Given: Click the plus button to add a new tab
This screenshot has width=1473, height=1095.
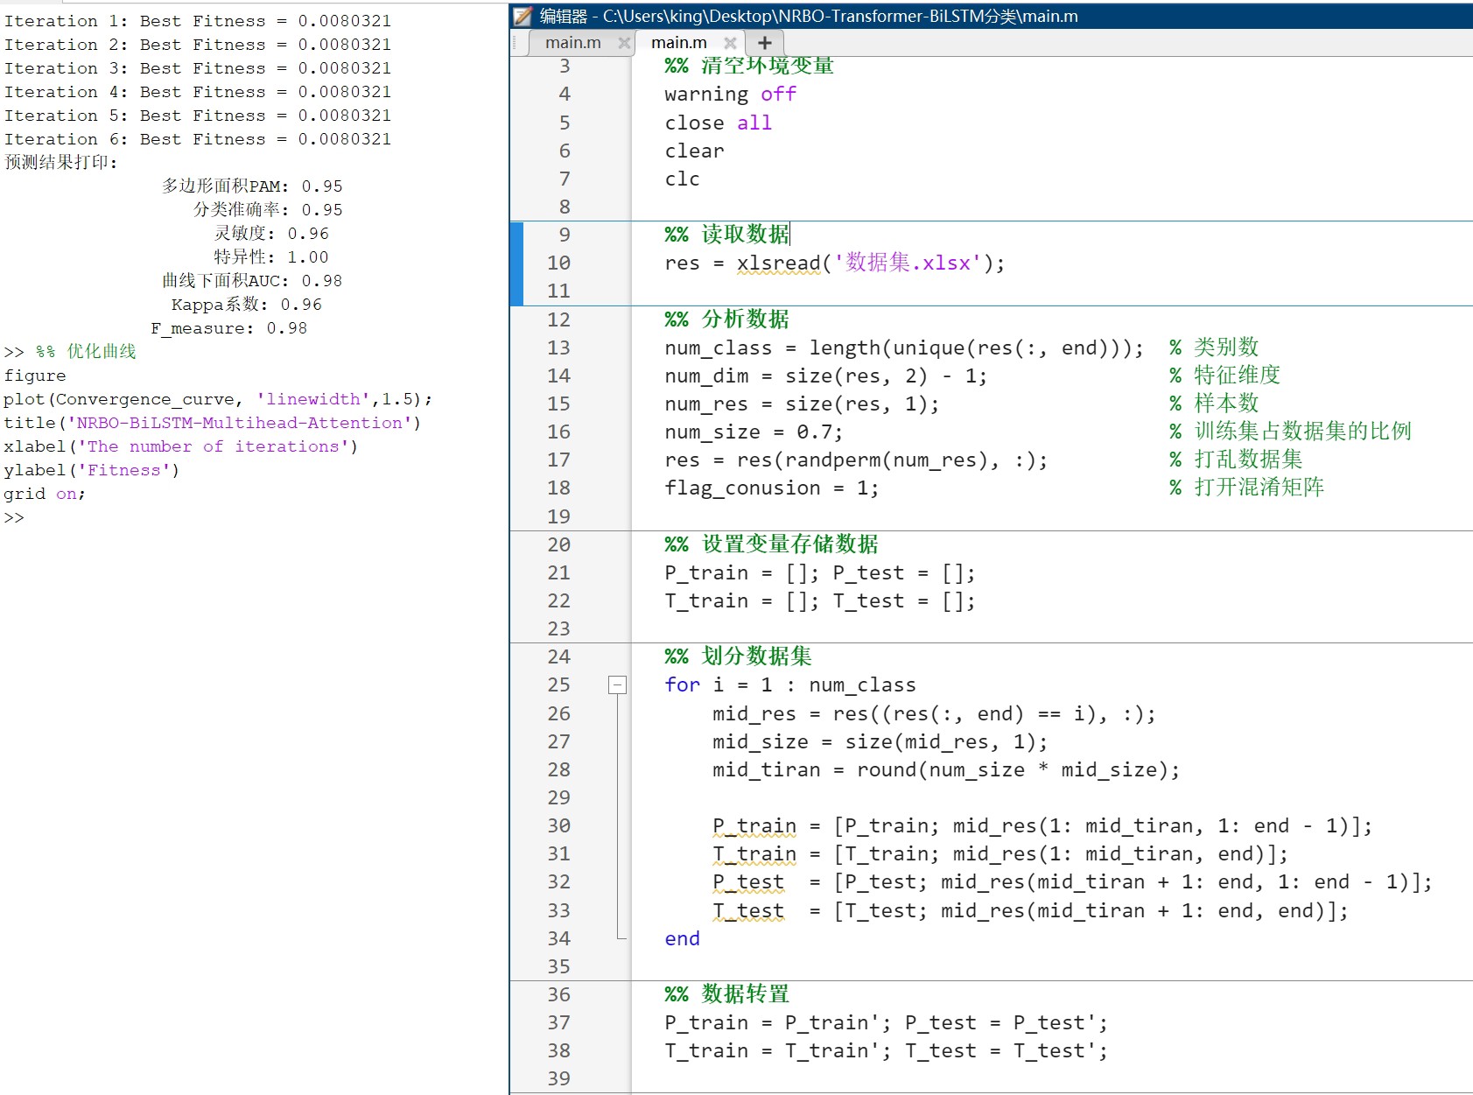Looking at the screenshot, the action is pos(764,43).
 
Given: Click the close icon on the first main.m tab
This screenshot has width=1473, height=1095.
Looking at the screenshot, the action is pos(624,43).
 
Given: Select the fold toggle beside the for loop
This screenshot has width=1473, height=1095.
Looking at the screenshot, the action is pos(617,684).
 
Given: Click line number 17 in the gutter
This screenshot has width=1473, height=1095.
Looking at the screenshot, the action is pos(558,460).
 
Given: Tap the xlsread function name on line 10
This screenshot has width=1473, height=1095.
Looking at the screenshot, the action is pos(778,263).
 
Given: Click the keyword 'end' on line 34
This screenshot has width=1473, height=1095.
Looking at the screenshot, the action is pos(682,938).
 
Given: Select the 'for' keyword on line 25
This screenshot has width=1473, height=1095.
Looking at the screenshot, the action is pos(682,684).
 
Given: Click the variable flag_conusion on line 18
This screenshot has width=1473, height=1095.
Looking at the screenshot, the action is pos(742,488).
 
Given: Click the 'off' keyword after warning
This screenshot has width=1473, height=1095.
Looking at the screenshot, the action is pos(778,94).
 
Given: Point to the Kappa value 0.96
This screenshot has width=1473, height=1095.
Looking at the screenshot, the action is pos(301,305).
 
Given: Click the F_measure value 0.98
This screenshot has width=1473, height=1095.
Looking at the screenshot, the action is pos(286,328).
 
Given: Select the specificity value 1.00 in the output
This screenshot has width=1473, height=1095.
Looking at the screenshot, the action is pos(307,257).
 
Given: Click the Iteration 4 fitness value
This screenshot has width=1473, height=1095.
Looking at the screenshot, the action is pos(344,92).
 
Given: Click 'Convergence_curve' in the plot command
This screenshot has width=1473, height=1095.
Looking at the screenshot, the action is pos(144,399).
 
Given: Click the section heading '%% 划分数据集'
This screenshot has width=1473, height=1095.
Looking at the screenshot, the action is pos(738,656).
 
